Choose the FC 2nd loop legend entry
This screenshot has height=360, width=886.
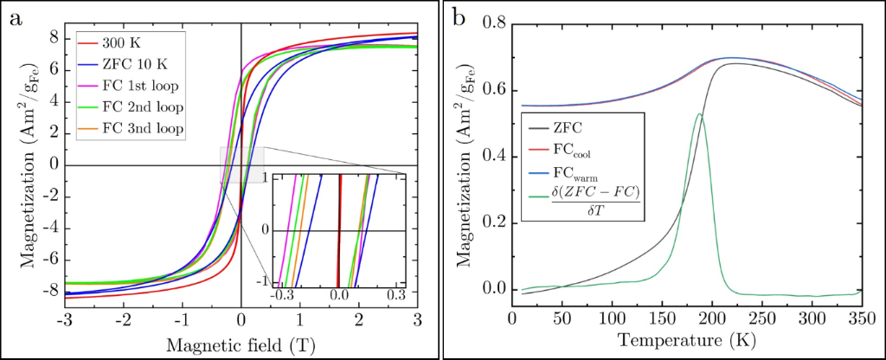tap(132, 107)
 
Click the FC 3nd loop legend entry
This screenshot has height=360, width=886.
tap(132, 130)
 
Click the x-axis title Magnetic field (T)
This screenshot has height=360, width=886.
tap(241, 344)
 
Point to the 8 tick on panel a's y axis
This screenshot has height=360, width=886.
tap(55, 39)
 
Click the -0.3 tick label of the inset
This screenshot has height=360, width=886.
tap(283, 296)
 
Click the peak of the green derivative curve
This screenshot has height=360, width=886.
tap(699, 114)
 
